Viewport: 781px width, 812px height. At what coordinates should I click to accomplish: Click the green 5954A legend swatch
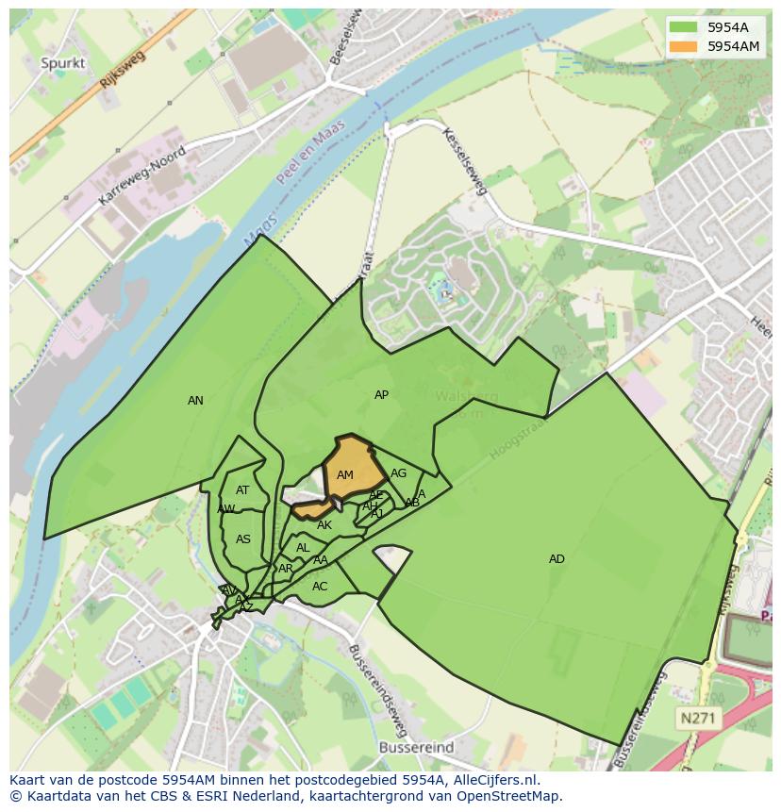point(684,27)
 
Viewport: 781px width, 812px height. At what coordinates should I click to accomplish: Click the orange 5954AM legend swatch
point(684,45)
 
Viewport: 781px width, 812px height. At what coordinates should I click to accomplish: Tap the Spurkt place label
point(63,63)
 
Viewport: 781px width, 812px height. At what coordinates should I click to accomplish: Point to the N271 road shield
point(698,719)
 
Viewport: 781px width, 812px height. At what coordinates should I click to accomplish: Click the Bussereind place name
point(416,747)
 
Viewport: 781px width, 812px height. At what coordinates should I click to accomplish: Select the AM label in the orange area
point(345,475)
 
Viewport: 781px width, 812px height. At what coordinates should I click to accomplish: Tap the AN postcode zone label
point(195,401)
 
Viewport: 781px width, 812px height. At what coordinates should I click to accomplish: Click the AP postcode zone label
point(381,395)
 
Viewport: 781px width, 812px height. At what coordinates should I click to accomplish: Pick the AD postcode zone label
point(557,559)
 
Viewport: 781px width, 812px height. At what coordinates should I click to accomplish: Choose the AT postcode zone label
point(242,490)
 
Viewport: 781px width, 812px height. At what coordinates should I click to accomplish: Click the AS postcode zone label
point(243,539)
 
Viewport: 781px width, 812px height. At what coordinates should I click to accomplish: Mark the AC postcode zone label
point(320,587)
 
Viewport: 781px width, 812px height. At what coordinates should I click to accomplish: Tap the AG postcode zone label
point(398,473)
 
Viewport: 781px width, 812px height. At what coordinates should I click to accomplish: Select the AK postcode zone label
point(324,525)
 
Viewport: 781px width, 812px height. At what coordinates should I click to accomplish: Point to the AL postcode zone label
point(303,548)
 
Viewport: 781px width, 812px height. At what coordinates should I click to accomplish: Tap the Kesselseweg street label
point(465,161)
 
